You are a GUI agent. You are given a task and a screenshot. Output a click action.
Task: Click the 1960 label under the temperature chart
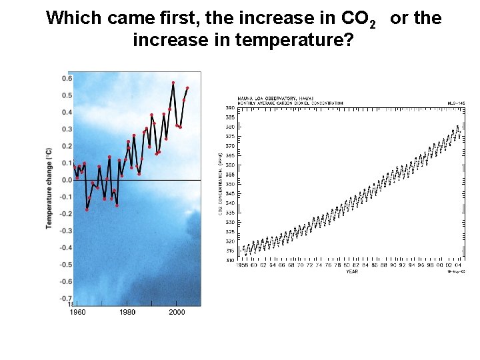pos(78,312)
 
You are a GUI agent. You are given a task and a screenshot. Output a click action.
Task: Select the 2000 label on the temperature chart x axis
pos(177,312)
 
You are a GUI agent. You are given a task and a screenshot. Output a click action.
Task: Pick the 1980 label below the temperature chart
pos(127,312)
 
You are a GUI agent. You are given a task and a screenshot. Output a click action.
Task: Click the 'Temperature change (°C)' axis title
pos(49,188)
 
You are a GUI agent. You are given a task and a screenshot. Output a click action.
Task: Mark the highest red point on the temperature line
pos(173,83)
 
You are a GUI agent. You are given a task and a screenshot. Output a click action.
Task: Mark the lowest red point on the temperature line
pos(87,210)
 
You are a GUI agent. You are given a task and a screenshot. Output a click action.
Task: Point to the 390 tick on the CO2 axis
pos(229,107)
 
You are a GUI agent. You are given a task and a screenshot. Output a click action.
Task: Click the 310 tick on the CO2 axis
pos(229,260)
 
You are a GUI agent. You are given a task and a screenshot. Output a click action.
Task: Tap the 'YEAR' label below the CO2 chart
pos(351,271)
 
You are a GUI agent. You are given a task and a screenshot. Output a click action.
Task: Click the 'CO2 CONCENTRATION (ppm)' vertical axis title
pos(221,183)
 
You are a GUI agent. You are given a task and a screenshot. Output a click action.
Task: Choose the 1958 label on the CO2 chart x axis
pos(242,265)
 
